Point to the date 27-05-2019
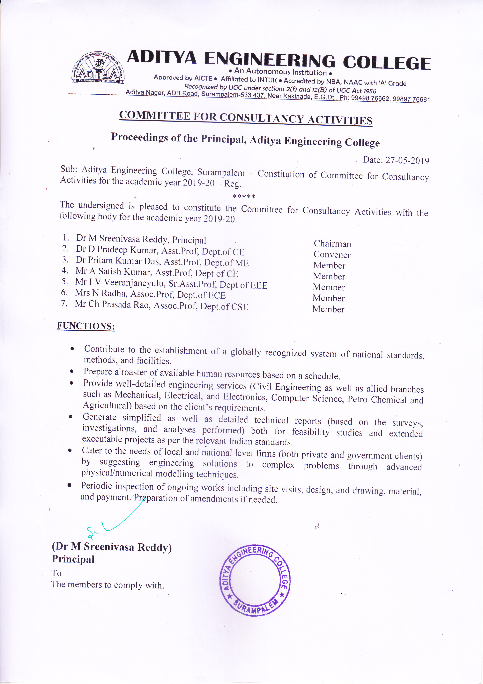point(407,161)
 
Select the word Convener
point(332,255)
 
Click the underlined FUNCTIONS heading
point(86,326)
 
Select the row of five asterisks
point(244,197)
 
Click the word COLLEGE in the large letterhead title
point(387,63)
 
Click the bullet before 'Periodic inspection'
point(70,485)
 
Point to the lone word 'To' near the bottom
point(56,573)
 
